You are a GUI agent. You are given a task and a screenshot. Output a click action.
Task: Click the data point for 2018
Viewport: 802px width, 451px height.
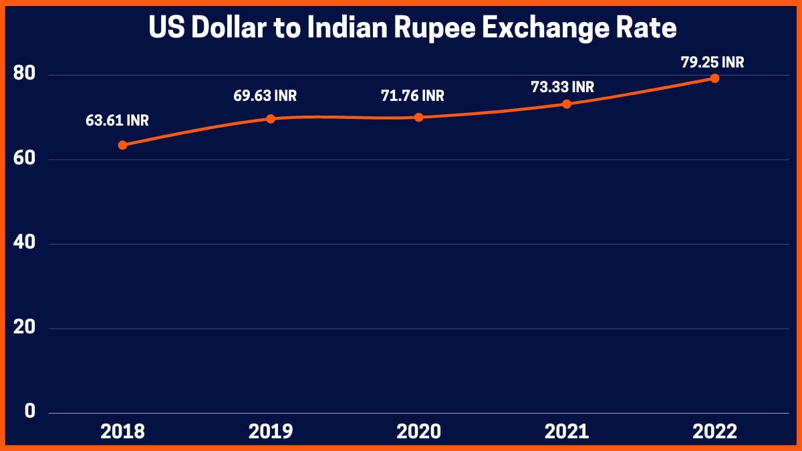122,145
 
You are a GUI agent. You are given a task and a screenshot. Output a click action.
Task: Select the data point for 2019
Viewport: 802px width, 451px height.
271,119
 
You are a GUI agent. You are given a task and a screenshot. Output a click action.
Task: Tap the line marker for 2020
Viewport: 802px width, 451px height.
419,117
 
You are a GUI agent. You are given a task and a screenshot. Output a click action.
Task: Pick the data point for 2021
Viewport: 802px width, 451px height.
567,104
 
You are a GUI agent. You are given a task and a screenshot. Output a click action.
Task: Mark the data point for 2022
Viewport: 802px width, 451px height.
714,78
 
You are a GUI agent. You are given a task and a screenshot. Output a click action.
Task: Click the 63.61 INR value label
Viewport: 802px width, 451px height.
117,121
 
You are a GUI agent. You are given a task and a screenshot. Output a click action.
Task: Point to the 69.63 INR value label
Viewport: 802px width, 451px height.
265,96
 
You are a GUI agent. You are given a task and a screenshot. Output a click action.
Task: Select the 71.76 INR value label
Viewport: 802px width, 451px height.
413,96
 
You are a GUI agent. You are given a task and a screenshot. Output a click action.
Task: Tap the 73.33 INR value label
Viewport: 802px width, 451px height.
562,87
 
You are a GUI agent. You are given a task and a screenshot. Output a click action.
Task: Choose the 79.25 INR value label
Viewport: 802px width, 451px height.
712,63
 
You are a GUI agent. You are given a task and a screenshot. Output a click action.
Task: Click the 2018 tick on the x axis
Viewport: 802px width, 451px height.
122,432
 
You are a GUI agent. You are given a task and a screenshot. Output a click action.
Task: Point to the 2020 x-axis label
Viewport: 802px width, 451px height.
419,432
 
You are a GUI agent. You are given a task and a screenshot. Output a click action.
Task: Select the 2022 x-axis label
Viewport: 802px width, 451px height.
714,432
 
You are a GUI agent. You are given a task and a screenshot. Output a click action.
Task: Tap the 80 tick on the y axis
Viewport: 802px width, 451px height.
24,75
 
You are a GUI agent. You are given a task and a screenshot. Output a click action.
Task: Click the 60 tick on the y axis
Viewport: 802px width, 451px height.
24,160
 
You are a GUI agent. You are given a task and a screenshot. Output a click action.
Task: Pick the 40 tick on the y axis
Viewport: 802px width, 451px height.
24,244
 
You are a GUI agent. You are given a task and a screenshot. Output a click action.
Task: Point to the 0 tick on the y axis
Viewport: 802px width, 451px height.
29,412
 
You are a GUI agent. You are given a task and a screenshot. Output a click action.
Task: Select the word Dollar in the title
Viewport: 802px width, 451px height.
215,28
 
